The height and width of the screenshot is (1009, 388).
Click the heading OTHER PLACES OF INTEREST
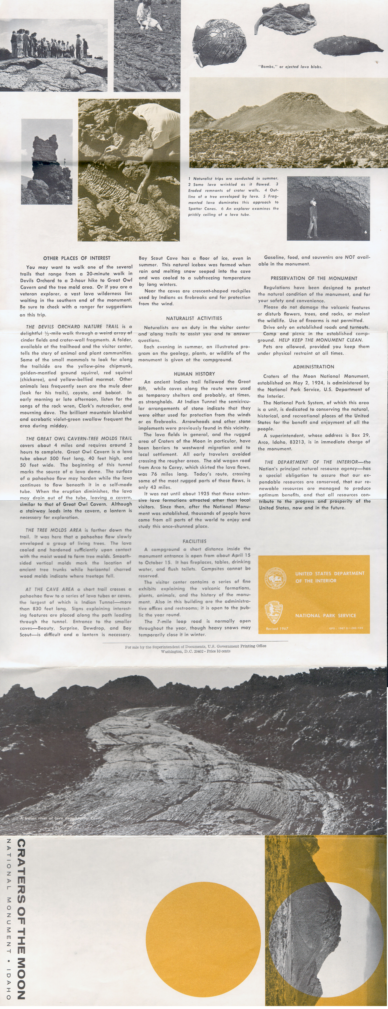click(x=77, y=258)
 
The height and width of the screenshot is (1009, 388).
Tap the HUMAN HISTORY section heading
click(x=194, y=374)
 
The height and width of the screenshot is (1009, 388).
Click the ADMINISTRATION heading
click(x=314, y=367)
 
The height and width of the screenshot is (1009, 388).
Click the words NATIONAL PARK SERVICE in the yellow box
click(x=325, y=615)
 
